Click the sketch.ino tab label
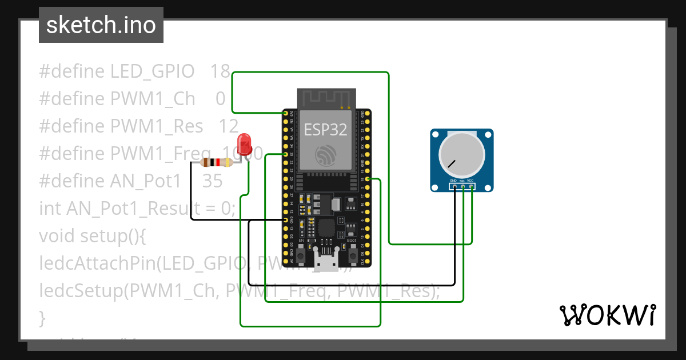(101, 25)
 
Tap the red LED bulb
(245, 143)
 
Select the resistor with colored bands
(217, 162)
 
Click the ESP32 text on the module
(325, 129)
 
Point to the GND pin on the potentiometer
(454, 186)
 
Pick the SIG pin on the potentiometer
(462, 186)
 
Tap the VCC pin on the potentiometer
(471, 186)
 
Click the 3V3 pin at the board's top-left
(285, 114)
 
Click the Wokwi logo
(607, 315)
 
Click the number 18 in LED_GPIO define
(220, 71)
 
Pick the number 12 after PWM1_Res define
(228, 126)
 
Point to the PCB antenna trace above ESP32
(326, 98)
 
